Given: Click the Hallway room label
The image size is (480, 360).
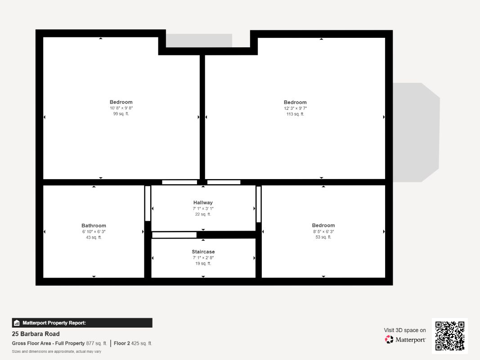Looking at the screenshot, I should click(203, 202).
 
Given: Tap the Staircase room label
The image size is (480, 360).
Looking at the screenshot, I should click(203, 252).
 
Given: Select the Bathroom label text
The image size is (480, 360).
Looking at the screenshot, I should click(94, 225).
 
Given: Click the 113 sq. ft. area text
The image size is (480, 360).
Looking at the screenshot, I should click(295, 114).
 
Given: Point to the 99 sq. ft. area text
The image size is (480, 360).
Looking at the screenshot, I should click(121, 114).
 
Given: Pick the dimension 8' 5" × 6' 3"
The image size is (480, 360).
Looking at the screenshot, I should click(323, 231).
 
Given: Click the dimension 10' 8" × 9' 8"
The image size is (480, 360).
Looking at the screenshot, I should click(121, 108).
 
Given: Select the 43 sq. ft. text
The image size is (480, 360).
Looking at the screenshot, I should click(94, 238).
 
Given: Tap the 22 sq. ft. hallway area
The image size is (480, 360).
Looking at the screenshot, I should click(203, 215).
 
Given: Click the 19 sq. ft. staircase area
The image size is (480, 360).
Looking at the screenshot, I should click(203, 264).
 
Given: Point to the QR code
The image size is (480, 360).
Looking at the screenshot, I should click(450, 336).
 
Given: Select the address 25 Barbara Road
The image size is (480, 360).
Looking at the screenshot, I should click(36, 334).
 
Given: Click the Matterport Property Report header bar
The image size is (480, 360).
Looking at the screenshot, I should click(82, 323).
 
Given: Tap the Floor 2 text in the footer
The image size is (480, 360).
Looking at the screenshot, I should click(122, 343).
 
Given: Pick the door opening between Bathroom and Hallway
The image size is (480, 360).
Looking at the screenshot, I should click(148, 203).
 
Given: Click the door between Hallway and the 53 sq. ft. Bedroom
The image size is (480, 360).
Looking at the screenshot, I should click(259, 204).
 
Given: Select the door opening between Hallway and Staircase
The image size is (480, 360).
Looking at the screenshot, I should click(174, 235).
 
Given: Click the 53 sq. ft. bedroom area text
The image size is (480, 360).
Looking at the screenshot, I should click(323, 237).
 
